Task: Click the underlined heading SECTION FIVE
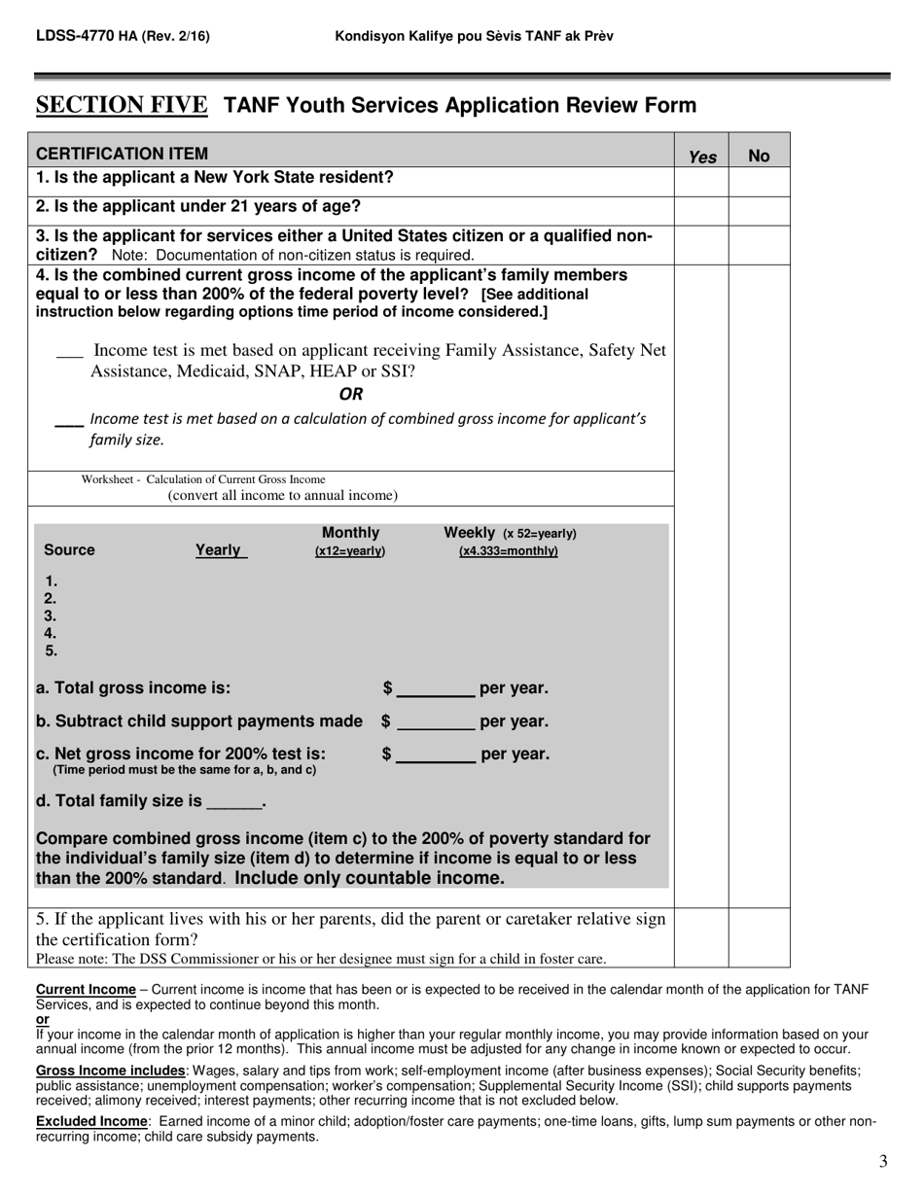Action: (x=122, y=105)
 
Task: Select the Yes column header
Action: (x=702, y=156)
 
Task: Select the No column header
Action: (x=759, y=156)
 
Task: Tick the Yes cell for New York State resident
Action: (x=702, y=180)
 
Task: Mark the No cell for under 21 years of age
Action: (x=759, y=209)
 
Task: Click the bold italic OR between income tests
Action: (x=351, y=394)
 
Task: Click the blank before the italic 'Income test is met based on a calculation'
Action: (x=68, y=422)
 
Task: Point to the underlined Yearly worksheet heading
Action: (x=219, y=550)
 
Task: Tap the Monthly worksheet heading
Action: (x=350, y=533)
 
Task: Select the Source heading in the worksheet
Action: (x=70, y=550)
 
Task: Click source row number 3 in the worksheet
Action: (x=51, y=616)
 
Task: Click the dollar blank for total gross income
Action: (x=436, y=689)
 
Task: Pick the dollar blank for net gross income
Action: (x=436, y=756)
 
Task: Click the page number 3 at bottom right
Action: (x=882, y=1161)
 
